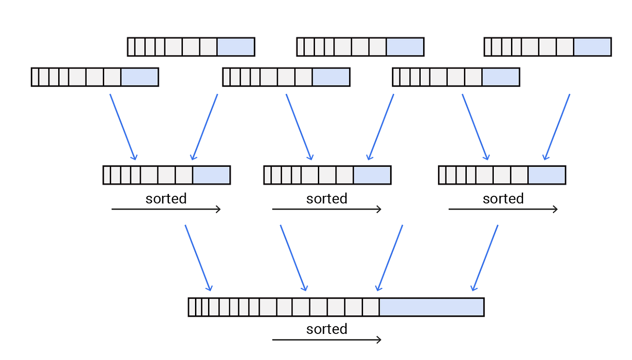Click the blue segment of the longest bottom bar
(x=431, y=307)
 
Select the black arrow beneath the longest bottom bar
(x=326, y=340)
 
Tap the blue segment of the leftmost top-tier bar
(x=140, y=77)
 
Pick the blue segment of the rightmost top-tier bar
(x=592, y=47)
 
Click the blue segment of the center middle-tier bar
(x=372, y=175)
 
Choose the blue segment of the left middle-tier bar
(x=211, y=175)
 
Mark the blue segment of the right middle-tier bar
(x=546, y=175)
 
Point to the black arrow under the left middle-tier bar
(x=165, y=210)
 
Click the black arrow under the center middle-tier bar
(x=326, y=210)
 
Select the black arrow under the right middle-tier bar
(x=502, y=210)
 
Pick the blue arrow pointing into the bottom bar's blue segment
(x=485, y=258)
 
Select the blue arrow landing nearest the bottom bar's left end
(x=198, y=258)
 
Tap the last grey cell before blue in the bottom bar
(x=371, y=307)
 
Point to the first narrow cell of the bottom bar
(x=192, y=307)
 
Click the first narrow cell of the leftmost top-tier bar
(x=35, y=77)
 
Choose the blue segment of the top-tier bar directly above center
(x=405, y=47)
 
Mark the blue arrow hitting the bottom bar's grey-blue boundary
(x=390, y=258)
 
